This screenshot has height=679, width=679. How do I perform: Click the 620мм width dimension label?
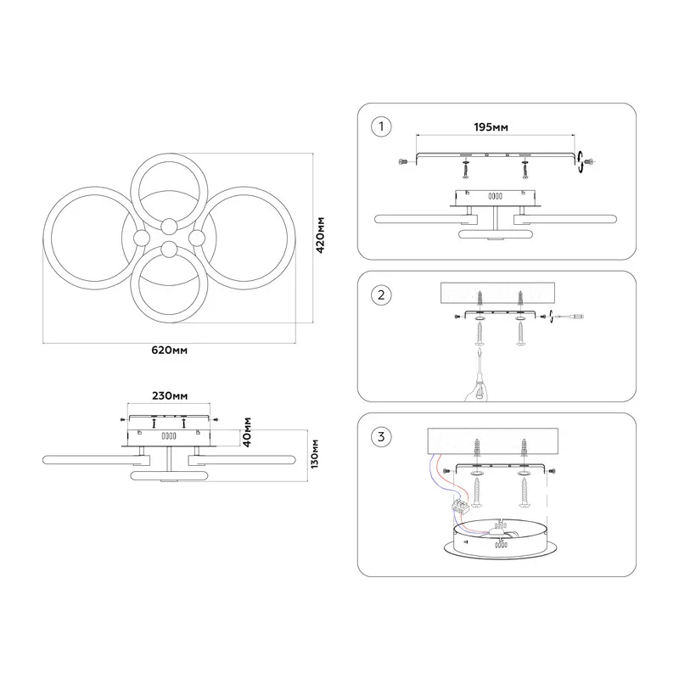(169, 351)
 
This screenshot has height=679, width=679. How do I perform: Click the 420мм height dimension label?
(320, 235)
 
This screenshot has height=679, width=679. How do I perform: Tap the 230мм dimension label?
(170, 396)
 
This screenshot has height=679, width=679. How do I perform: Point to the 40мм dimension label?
(247, 432)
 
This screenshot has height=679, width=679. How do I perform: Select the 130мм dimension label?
(315, 454)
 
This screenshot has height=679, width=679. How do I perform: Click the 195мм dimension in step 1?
(491, 127)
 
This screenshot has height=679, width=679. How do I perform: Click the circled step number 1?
(381, 126)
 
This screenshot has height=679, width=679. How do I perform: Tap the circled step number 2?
(381, 295)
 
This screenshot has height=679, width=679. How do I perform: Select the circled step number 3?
(381, 436)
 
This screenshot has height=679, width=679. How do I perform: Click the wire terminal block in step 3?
(460, 506)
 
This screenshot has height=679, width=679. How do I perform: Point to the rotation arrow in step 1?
(580, 162)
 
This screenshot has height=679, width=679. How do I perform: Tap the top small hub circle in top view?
(169, 226)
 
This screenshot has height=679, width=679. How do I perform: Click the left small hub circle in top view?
(141, 238)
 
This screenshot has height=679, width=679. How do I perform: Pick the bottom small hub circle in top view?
(169, 250)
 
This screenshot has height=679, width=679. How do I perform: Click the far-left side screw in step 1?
(401, 162)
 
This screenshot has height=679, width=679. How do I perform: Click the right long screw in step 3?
(524, 492)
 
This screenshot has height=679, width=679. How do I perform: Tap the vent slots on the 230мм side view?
(169, 435)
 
